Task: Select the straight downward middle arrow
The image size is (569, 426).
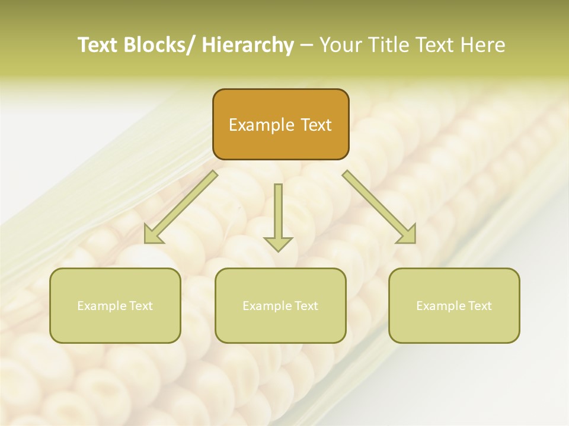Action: tap(278, 213)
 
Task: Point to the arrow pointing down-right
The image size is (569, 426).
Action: tap(379, 207)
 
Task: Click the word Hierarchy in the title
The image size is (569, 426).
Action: tap(248, 45)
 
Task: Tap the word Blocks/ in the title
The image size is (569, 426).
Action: tap(156, 45)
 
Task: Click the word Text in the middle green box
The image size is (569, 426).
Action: tap(306, 306)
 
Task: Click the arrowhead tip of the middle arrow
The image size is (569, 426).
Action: tap(278, 250)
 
